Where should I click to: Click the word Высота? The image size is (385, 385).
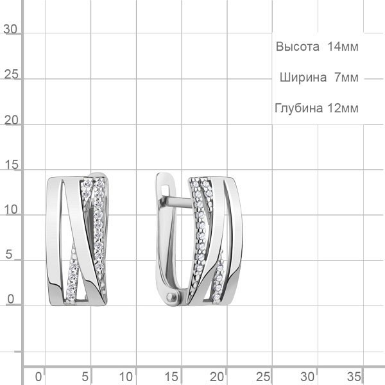[297, 46]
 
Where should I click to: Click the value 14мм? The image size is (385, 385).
[343, 46]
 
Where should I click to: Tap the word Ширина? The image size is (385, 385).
[303, 78]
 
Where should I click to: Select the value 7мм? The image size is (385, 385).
[346, 78]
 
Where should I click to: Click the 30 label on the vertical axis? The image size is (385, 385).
[10, 30]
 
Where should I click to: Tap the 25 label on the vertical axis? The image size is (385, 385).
[12, 74]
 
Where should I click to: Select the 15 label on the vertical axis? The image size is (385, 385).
[12, 164]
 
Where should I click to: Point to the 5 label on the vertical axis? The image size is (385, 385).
[8, 254]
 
